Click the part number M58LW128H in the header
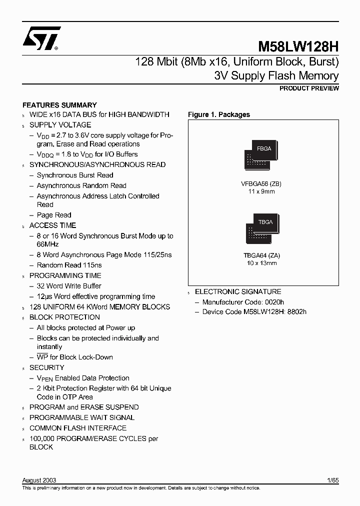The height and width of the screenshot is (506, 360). coord(298,47)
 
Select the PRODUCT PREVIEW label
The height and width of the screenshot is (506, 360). coord(309,88)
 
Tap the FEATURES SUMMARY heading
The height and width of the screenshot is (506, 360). coord(60,105)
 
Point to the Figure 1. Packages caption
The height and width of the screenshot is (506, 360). coord(218,114)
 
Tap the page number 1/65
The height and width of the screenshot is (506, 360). coord(333,480)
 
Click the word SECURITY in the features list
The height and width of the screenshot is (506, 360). coord(47,367)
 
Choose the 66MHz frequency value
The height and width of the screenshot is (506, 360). coord(47,244)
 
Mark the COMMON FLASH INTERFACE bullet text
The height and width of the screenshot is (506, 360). coord(78,428)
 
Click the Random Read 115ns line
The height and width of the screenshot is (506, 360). coord(69,265)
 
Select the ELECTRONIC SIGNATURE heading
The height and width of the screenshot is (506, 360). coord(238,291)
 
